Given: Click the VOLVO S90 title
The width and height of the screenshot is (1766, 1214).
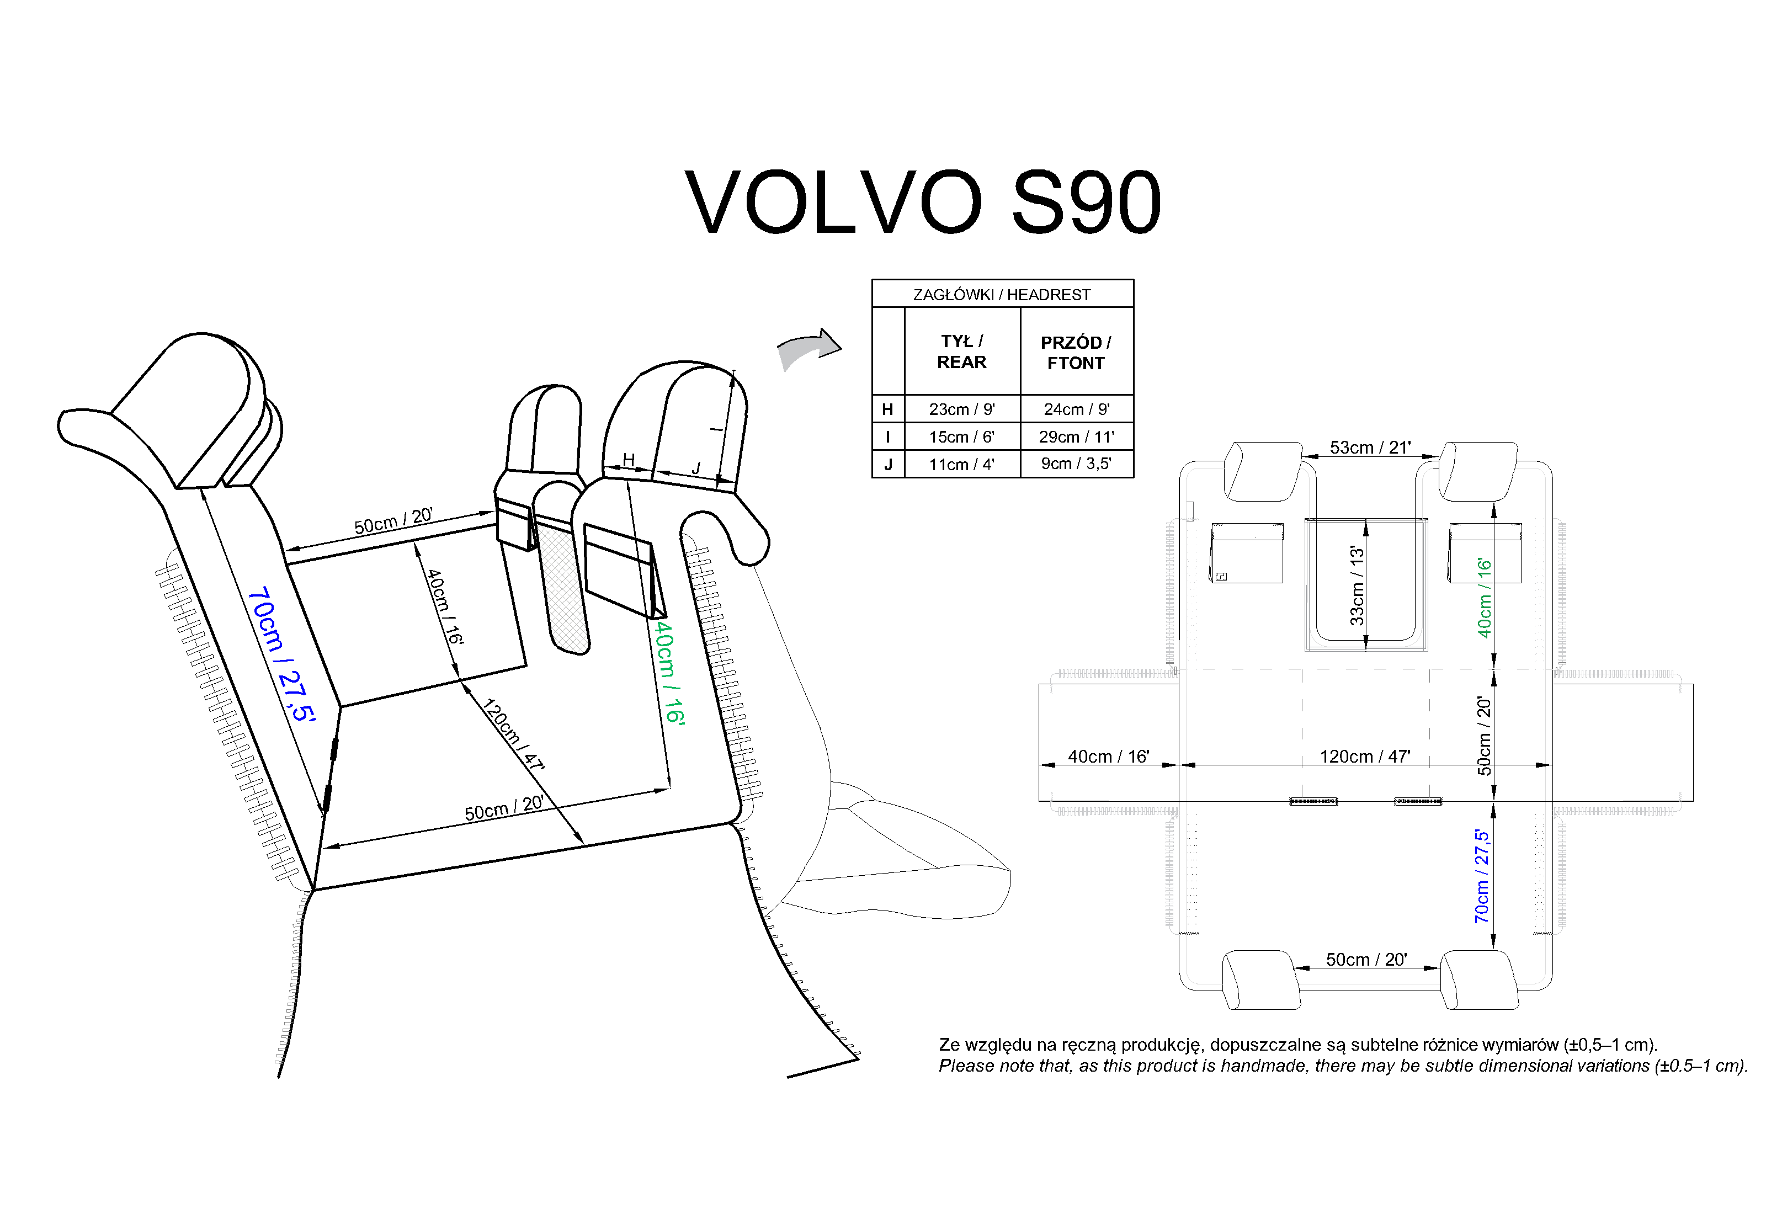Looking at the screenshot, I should point(923,203).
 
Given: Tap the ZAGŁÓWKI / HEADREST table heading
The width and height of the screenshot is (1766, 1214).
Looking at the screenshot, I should point(1002,294).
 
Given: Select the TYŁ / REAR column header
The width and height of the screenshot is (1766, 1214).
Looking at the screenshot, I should point(961,352).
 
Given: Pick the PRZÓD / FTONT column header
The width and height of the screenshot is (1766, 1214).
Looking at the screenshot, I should point(1076,352).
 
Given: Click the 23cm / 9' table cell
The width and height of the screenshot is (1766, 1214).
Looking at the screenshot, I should point(961,409).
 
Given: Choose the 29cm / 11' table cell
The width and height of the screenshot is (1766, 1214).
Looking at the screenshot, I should point(1076,436).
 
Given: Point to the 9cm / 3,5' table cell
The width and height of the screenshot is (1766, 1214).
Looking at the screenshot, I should point(1076,463).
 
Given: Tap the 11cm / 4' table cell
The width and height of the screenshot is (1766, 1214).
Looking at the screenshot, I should point(961,464).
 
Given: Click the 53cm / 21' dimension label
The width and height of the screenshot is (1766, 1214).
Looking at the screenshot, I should point(1370,448).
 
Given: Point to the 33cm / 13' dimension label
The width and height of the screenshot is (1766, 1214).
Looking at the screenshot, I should point(1357,585).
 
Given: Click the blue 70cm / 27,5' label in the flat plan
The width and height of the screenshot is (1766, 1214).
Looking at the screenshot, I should point(1482,876).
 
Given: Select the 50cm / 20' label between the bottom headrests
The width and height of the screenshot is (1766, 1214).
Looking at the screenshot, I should point(1366,959).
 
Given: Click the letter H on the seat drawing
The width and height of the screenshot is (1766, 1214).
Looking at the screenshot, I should point(628,460).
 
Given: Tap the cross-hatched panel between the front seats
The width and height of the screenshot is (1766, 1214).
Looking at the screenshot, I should point(565,593).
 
